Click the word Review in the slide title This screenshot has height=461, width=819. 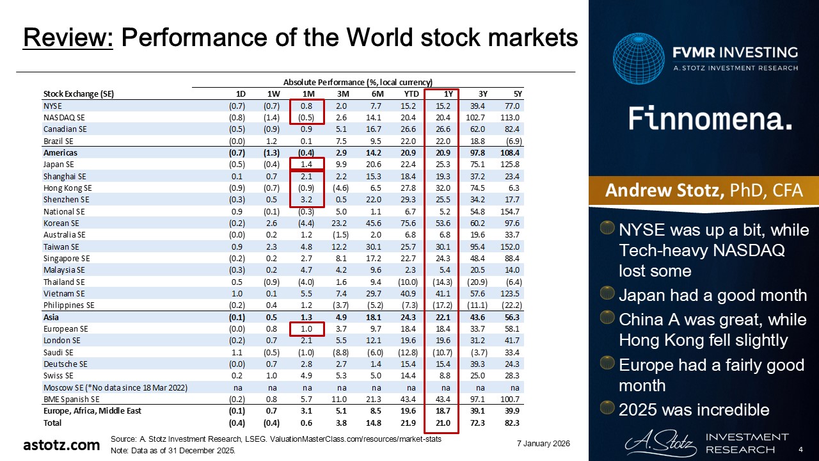click(68, 38)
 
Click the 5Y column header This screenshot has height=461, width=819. click(509, 94)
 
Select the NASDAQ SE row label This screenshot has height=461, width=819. click(64, 117)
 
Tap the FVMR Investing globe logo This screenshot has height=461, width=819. click(639, 60)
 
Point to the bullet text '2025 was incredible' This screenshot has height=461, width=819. click(694, 410)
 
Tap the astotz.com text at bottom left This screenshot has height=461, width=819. click(61, 444)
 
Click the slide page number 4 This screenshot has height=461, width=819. click(800, 450)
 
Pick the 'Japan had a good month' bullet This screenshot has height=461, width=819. click(713, 295)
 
